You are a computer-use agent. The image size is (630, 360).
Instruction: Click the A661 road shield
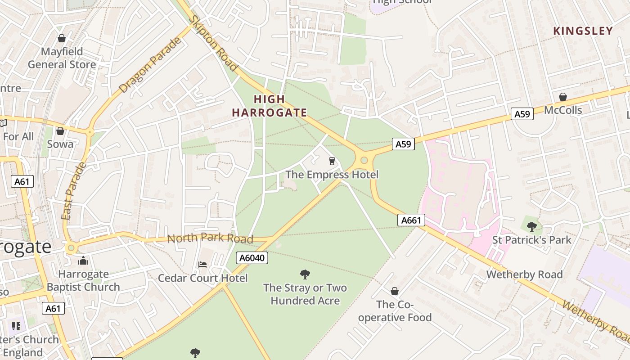tap(411, 220)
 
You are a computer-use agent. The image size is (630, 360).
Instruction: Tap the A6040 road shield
tap(252, 258)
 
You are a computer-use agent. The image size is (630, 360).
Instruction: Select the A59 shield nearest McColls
tap(522, 114)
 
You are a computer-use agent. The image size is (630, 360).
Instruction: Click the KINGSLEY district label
tap(583, 31)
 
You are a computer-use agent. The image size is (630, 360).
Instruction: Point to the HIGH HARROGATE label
tap(269, 106)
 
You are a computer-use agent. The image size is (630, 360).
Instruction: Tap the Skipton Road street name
tap(214, 43)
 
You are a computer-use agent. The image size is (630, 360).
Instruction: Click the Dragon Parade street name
tap(150, 65)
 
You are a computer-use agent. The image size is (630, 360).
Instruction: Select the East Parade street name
tap(73, 192)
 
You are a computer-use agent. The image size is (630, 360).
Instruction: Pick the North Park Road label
tap(210, 238)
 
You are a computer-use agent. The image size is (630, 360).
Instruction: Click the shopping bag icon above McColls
tap(562, 97)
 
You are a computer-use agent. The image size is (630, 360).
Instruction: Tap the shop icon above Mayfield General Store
tap(62, 38)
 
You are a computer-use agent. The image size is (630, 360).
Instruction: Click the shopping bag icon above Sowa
tap(60, 131)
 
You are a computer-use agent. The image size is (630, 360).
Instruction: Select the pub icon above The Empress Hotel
tap(332, 161)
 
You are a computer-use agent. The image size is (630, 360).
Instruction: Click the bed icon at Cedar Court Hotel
tap(202, 265)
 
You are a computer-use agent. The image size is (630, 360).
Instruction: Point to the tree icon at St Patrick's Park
tap(531, 226)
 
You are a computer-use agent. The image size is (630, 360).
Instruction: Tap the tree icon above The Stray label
tap(305, 274)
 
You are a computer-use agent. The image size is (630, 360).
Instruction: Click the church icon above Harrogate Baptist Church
tap(83, 261)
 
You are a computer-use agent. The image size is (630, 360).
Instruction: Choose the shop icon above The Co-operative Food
tap(395, 291)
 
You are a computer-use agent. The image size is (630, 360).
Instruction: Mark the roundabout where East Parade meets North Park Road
tap(71, 248)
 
